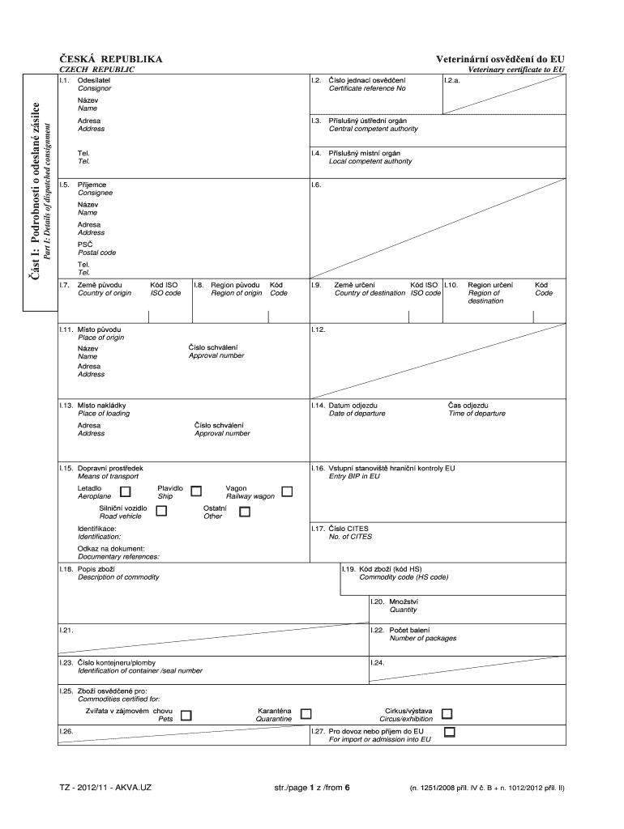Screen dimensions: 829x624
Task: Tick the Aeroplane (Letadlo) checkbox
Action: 125,491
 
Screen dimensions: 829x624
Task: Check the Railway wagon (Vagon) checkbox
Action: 287,491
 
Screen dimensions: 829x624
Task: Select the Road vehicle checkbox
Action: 161,511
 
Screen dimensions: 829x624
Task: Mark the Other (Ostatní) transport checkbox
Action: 245,512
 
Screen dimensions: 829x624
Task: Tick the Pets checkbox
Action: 186,715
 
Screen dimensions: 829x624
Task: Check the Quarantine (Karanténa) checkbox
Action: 306,713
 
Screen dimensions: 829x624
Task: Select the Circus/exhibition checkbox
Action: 447,713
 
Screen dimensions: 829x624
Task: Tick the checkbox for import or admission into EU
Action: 450,733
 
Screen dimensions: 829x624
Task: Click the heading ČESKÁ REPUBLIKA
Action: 111,59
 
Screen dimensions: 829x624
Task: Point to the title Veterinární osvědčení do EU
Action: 500,59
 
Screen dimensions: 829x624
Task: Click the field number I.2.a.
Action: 452,80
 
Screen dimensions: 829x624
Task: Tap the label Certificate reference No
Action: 367,88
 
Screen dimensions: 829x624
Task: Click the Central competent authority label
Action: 373,129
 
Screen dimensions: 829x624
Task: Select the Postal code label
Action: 96,253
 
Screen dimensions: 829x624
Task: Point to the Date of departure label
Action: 357,414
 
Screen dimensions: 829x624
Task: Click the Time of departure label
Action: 477,414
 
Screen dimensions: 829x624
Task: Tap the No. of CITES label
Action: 350,537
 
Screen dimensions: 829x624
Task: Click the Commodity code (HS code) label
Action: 404,577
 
